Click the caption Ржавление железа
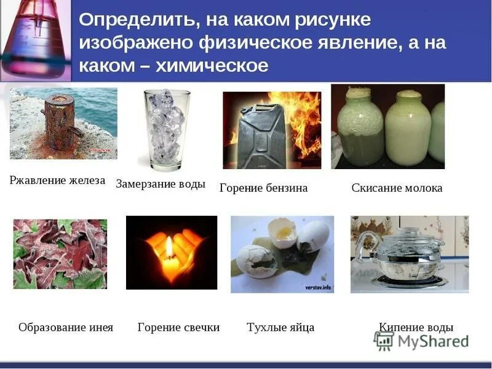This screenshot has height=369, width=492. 57,181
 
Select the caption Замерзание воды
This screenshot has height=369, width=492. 161,184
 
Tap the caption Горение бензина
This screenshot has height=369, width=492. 263,188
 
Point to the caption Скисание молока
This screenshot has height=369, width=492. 397,188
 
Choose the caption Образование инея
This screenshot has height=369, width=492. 66,327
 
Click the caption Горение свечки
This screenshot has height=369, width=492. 178,327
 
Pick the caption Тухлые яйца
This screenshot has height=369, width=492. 280,327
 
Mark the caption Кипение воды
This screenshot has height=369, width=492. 416,327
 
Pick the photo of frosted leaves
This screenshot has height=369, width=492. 60,253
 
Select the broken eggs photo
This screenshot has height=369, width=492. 282,253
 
